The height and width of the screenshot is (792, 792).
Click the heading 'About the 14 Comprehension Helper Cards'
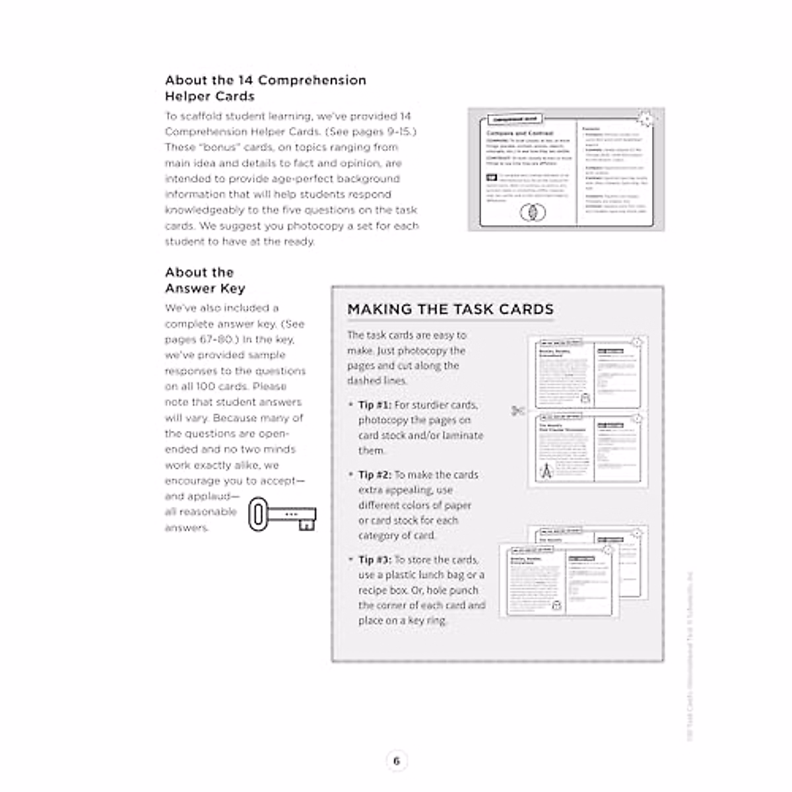(265, 88)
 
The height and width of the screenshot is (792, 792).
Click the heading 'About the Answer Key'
(205, 280)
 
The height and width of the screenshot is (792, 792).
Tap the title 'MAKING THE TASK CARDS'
(450, 310)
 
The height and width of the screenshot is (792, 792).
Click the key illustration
(282, 513)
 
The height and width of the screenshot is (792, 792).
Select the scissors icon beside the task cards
(517, 411)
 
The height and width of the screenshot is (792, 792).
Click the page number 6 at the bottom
(396, 761)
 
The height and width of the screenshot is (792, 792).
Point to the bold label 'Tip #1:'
(374, 405)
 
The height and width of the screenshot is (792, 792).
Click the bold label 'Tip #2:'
(374, 475)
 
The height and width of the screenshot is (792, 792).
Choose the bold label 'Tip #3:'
(374, 560)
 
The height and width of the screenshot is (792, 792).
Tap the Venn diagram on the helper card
(533, 213)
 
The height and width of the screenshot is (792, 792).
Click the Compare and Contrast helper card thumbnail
(566, 170)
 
